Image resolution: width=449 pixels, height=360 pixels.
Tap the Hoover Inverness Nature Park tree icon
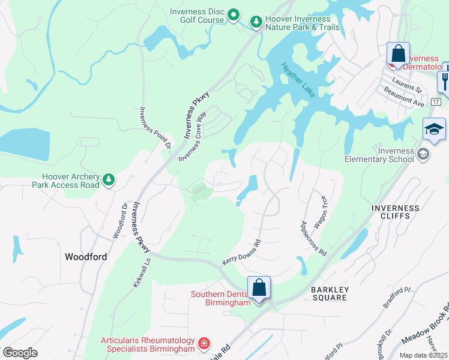pyautogui.click(x=256, y=22)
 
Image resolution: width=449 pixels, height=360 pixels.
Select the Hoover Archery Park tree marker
pyautogui.click(x=108, y=179)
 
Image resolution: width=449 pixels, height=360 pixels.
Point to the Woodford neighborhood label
pyautogui.click(x=86, y=257)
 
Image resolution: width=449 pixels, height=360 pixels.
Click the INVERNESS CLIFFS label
pyautogui.click(x=395, y=213)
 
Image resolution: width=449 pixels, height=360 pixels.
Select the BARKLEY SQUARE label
pyautogui.click(x=330, y=293)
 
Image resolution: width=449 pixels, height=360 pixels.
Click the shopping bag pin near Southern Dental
pyautogui.click(x=259, y=287)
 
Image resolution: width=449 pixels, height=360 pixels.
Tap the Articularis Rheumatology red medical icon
pyautogui.click(x=204, y=343)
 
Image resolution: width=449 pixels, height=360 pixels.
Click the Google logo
pyautogui.click(x=20, y=353)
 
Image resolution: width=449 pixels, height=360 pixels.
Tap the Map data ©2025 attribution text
pyautogui.click(x=423, y=355)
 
